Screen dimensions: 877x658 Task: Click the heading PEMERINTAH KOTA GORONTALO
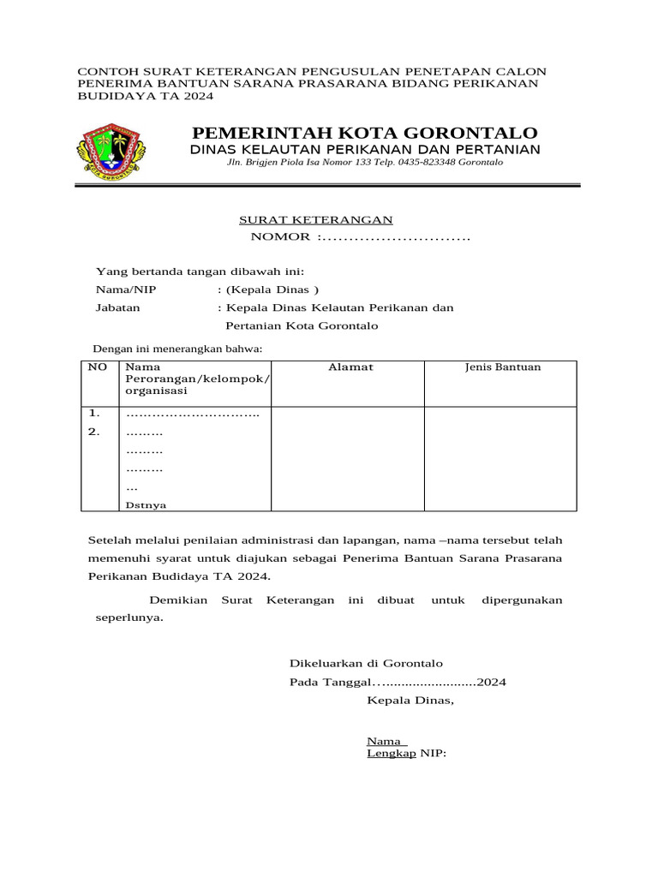[x=365, y=133]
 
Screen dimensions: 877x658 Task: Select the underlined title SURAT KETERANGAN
[x=315, y=220]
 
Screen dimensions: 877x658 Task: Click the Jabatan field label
[x=118, y=307]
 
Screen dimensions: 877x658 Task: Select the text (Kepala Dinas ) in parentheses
[x=268, y=289]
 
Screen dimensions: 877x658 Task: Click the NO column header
[x=98, y=367]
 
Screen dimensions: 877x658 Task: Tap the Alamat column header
[x=350, y=367]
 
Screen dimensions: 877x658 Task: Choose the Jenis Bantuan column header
[x=502, y=367]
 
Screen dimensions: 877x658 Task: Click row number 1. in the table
[x=94, y=413]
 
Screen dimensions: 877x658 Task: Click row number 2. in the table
[x=94, y=432]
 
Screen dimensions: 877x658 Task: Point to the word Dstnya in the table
[x=147, y=505]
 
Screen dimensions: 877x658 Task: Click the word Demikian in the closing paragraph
[x=178, y=600]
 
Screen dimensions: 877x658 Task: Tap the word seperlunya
[x=128, y=617]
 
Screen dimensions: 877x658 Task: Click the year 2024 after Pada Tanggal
[x=492, y=682]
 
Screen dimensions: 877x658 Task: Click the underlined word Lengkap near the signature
[x=392, y=754]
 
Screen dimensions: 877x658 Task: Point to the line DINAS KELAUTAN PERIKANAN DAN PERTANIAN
[x=365, y=150]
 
